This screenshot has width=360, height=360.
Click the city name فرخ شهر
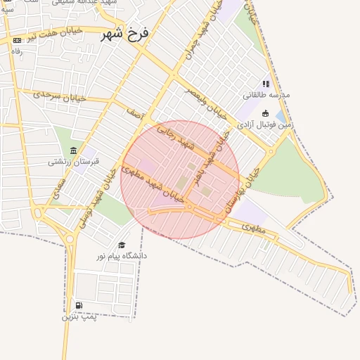(124, 34)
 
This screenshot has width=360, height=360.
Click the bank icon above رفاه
(17, 40)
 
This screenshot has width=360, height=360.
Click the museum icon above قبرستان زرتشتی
(74, 150)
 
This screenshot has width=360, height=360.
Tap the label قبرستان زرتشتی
(74, 162)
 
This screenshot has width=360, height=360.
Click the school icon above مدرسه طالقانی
(266, 84)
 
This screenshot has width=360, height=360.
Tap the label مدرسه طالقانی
(266, 95)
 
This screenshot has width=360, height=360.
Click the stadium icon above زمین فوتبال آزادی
(265, 113)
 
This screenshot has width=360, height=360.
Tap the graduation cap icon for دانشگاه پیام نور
(122, 245)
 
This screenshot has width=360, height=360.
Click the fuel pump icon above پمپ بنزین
(78, 305)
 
